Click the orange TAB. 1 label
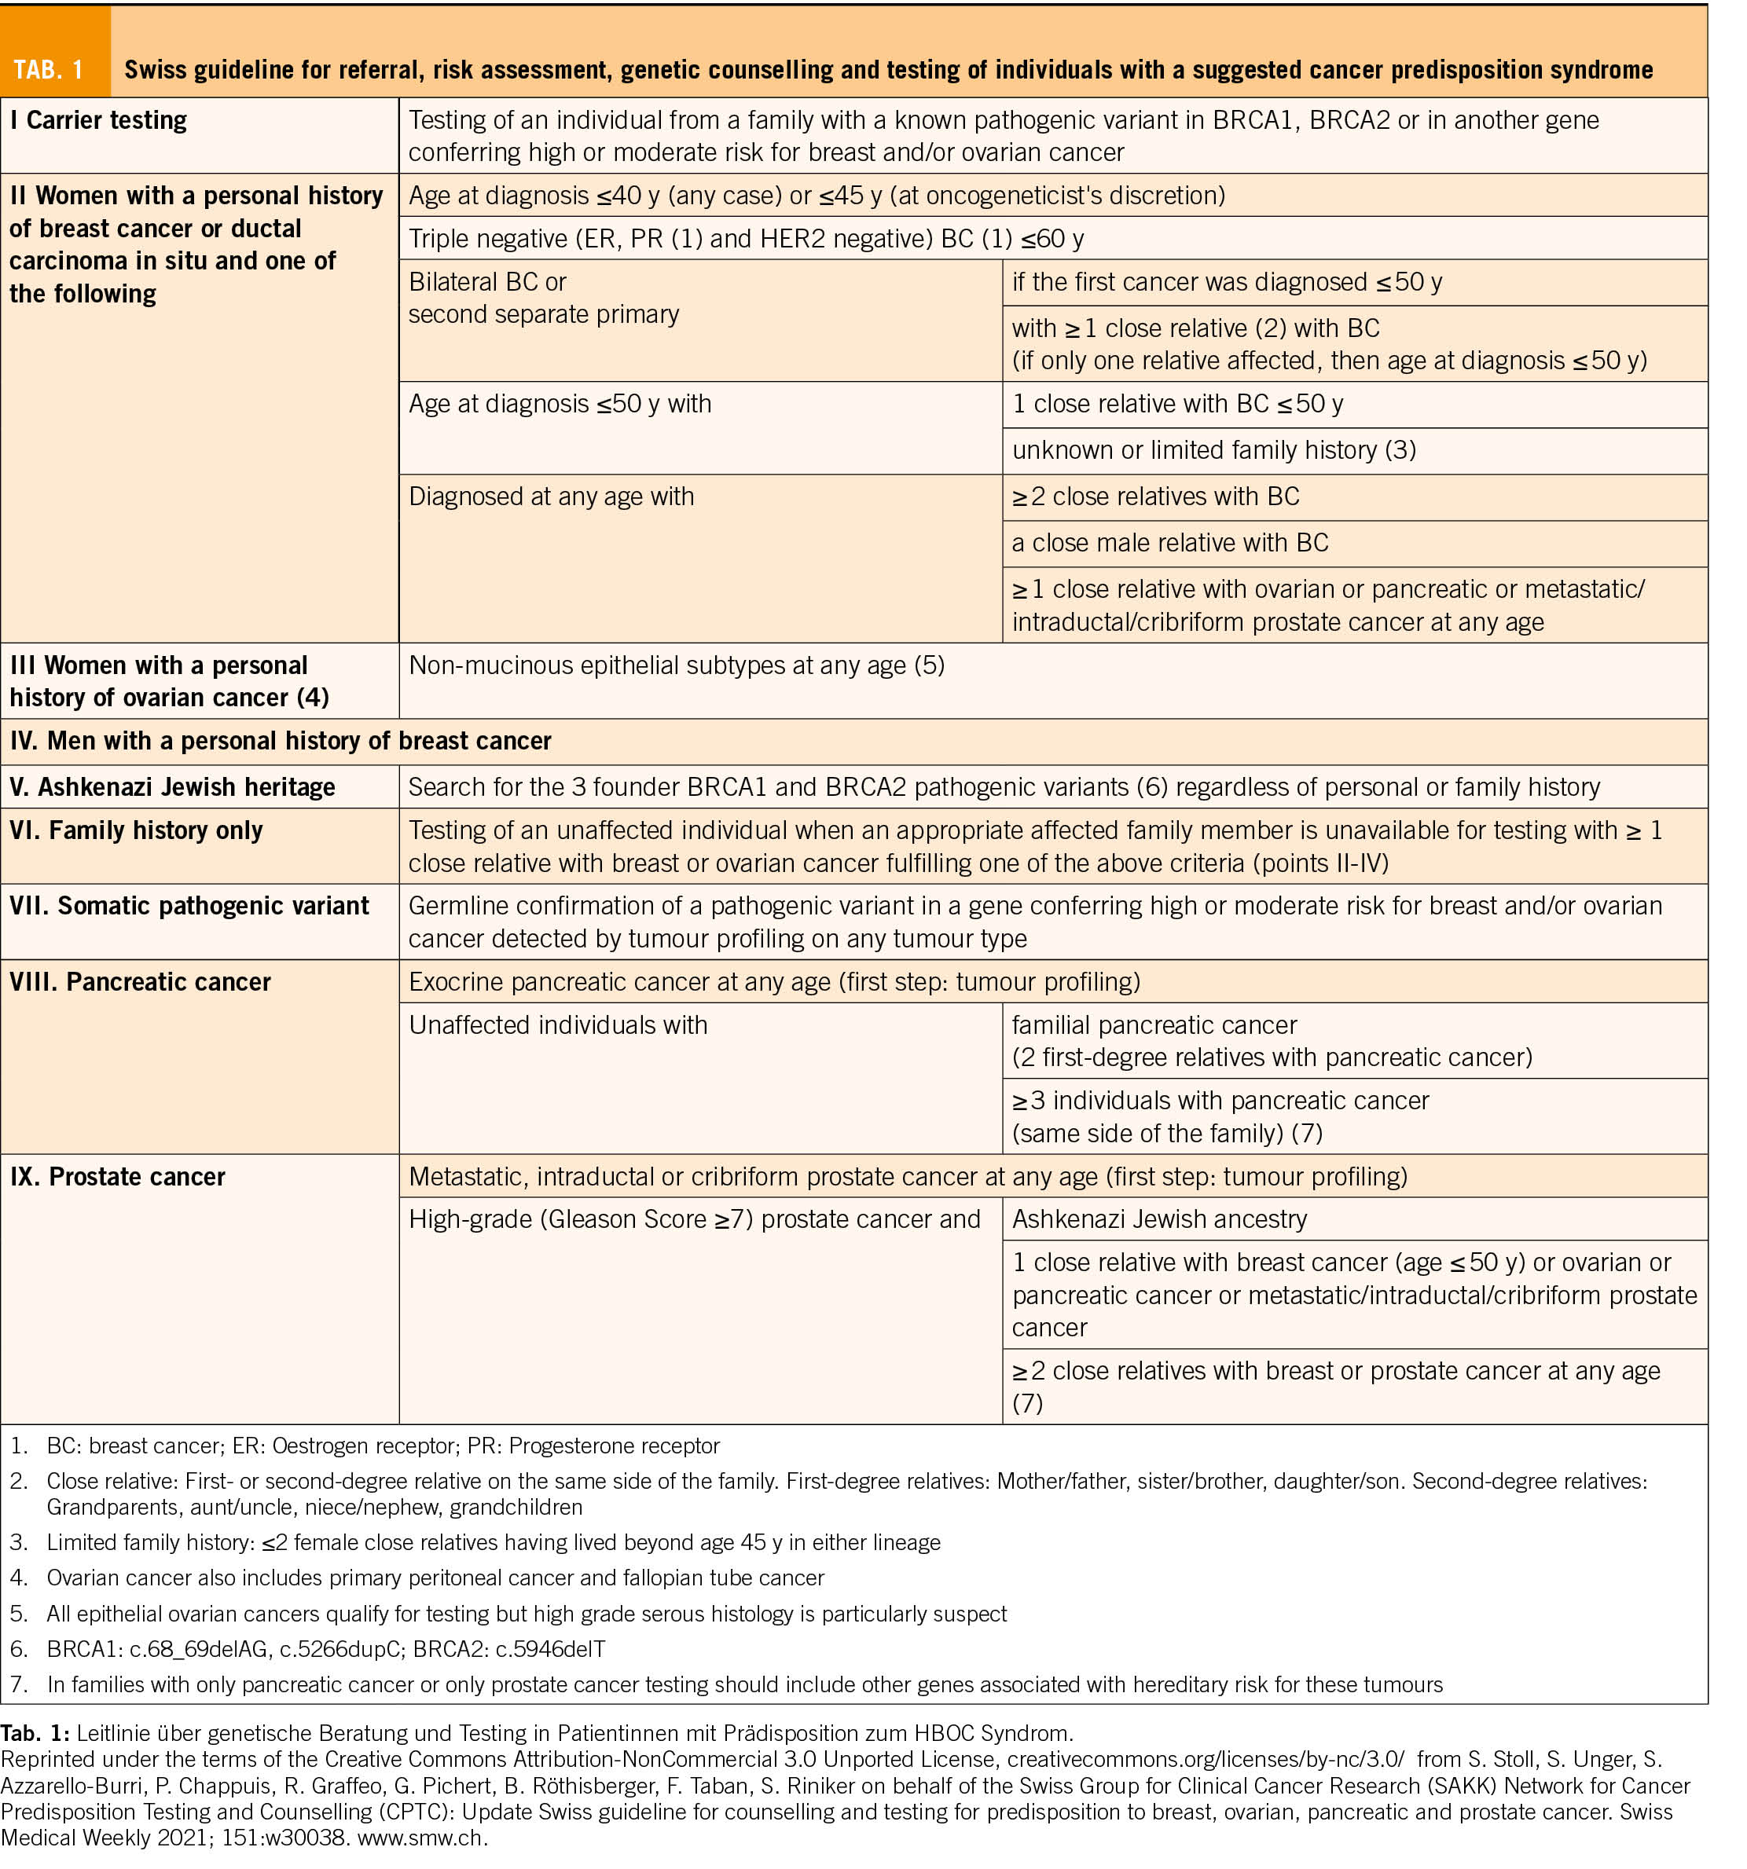(x=49, y=70)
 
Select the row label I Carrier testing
(x=99, y=120)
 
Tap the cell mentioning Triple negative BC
(x=746, y=239)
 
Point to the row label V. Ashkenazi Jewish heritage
(x=172, y=787)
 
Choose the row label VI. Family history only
(x=136, y=830)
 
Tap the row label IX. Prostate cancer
(x=118, y=1177)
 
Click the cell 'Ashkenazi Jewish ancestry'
(x=1159, y=1219)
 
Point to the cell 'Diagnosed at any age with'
(x=551, y=497)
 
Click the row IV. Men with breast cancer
(x=281, y=741)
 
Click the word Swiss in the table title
(x=153, y=70)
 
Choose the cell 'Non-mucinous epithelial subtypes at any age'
(x=676, y=665)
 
